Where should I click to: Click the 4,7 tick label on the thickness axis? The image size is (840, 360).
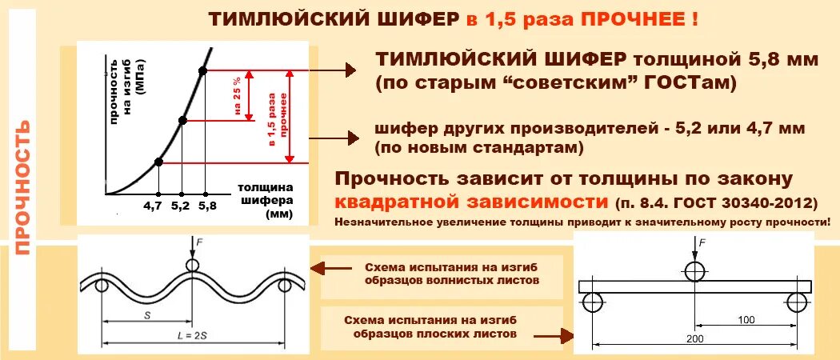point(153,206)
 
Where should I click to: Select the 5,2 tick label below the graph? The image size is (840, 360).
point(181,206)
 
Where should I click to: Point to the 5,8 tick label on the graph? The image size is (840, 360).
point(206,206)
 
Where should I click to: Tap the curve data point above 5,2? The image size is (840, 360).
point(182,120)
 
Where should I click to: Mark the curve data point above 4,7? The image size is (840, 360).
point(158,162)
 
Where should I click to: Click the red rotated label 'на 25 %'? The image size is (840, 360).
point(238,96)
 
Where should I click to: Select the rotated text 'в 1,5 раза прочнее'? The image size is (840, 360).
point(273,117)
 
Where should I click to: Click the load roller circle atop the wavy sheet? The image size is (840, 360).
point(192,266)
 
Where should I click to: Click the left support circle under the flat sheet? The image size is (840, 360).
point(593,302)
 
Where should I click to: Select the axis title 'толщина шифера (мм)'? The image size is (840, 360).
point(265,201)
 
